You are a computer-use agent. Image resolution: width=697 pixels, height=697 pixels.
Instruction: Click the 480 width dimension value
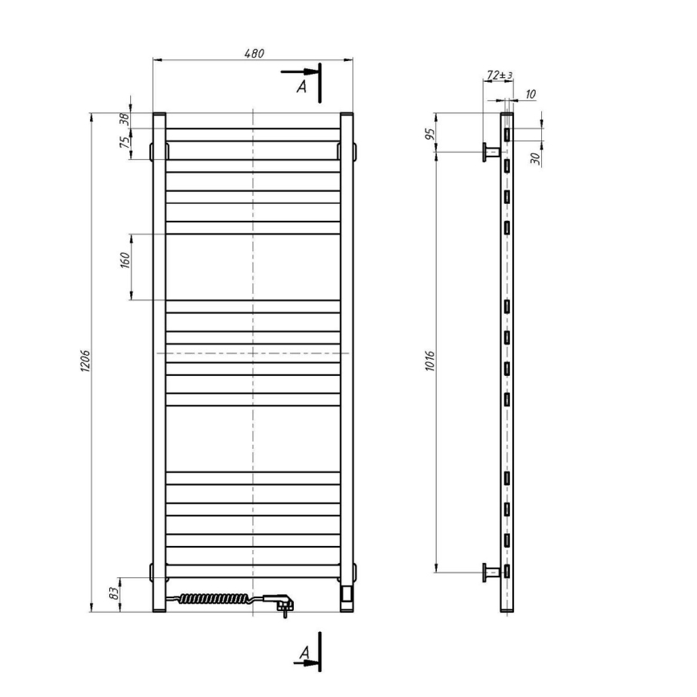[x=254, y=53]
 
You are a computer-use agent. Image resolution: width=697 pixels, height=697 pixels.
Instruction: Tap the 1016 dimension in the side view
[x=430, y=361]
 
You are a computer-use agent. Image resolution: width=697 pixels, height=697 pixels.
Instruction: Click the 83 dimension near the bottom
[x=114, y=594]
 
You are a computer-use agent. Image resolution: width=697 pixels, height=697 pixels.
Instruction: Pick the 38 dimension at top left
[x=124, y=120]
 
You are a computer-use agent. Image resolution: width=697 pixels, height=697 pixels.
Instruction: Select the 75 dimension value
[x=124, y=143]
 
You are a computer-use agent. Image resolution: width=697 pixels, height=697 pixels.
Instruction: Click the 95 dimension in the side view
[x=430, y=132]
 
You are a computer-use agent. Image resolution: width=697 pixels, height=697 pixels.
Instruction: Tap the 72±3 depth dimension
[x=499, y=75]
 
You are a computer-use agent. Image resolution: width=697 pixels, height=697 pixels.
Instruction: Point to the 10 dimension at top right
[x=530, y=94]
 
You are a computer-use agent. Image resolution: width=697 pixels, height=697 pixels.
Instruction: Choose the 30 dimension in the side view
[x=535, y=157]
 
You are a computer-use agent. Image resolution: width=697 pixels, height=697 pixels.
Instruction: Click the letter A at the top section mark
[x=302, y=86]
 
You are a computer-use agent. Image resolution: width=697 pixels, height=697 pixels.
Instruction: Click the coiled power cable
[x=212, y=598]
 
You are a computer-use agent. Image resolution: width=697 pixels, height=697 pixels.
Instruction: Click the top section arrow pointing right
[x=297, y=72]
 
